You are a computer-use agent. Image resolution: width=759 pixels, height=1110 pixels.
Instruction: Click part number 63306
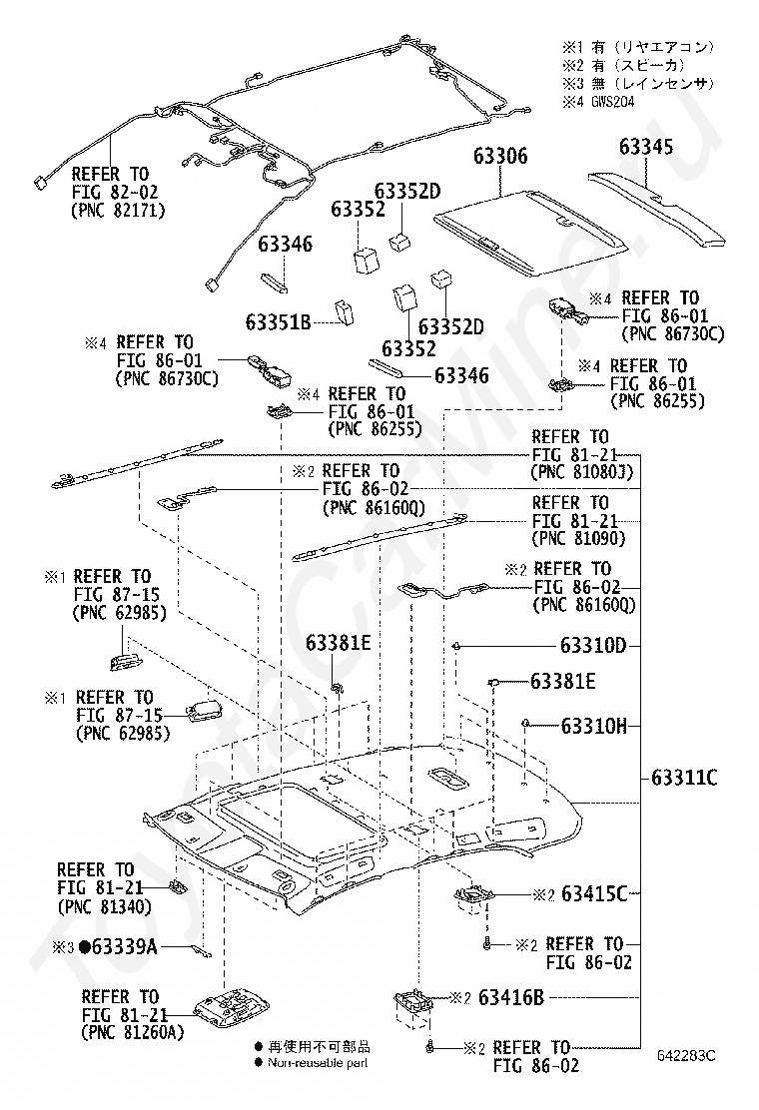click(x=500, y=156)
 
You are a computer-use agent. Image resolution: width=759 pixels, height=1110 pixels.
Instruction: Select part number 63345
click(x=646, y=147)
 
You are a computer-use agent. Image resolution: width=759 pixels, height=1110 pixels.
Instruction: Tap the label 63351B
click(x=279, y=322)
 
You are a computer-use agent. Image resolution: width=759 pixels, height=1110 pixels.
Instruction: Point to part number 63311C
click(x=684, y=778)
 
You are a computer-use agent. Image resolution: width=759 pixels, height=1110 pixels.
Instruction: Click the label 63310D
click(x=593, y=645)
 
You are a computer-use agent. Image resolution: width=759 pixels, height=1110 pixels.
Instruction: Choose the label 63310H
click(x=594, y=726)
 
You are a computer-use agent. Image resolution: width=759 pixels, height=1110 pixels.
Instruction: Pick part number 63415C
click(x=594, y=894)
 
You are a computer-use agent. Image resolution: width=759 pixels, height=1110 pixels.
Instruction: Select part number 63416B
click(x=511, y=997)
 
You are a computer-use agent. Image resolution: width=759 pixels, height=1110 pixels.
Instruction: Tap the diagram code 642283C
click(x=686, y=1055)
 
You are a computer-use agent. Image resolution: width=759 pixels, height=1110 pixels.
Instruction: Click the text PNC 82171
click(x=118, y=211)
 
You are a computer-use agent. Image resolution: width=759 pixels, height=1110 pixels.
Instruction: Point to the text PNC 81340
click(x=104, y=906)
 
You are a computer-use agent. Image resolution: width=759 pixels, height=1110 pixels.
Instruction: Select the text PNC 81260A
click(x=133, y=1033)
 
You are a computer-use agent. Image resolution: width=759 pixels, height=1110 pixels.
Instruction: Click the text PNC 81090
click(x=578, y=539)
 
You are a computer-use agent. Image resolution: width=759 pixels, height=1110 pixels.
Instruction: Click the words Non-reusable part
click(x=318, y=1062)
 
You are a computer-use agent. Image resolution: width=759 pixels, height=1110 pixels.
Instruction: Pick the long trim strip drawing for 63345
click(x=657, y=210)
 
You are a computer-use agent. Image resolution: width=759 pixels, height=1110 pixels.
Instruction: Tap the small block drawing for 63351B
click(x=345, y=312)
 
